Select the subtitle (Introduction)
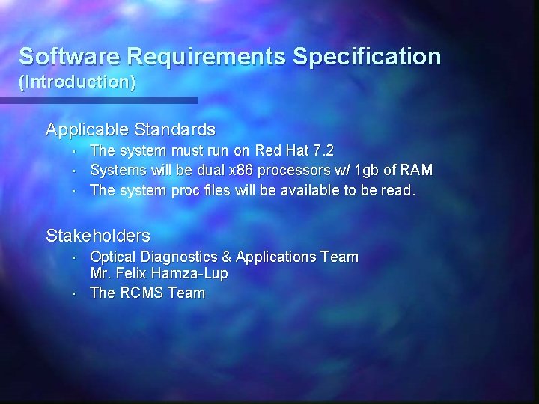pyautogui.click(x=78, y=82)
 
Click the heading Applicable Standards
pyautogui.click(x=130, y=129)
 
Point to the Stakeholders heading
pyautogui.click(x=98, y=236)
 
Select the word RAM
pyautogui.click(x=418, y=171)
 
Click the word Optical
pyautogui.click(x=114, y=257)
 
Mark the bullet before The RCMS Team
pyautogui.click(x=76, y=293)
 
